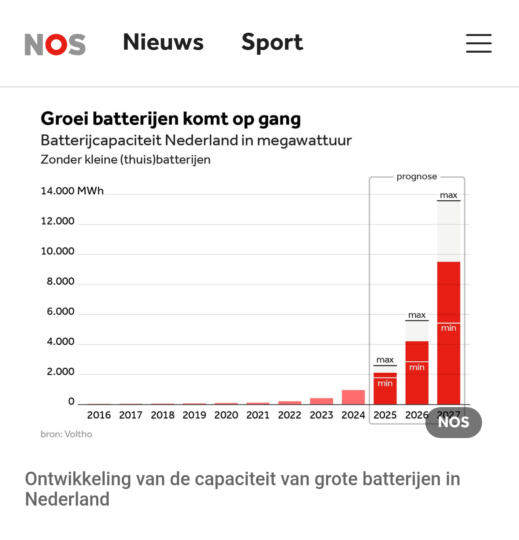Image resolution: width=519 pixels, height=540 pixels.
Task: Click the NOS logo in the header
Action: pyautogui.click(x=55, y=44)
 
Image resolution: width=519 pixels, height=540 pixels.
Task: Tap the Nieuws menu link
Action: pyautogui.click(x=163, y=42)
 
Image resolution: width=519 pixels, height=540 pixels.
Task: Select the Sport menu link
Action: pyautogui.click(x=272, y=42)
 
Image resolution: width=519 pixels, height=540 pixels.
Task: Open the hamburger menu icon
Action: pyautogui.click(x=479, y=43)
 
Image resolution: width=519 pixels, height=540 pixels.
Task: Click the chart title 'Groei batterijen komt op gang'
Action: pyautogui.click(x=170, y=119)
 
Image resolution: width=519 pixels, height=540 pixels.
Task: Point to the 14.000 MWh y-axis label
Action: pyautogui.click(x=72, y=191)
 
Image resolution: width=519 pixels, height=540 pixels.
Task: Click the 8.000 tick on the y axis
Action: pyautogui.click(x=60, y=281)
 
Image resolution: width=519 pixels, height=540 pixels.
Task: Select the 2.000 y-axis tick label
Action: pyautogui.click(x=60, y=372)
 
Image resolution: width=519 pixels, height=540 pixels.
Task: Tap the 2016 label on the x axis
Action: pyautogui.click(x=99, y=415)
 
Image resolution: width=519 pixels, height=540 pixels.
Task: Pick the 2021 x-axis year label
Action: pyautogui.click(x=258, y=415)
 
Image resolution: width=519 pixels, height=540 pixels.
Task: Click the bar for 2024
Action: pyautogui.click(x=353, y=397)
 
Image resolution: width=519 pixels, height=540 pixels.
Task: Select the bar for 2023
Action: pyautogui.click(x=321, y=401)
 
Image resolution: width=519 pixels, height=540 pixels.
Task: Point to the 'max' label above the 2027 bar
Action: pyautogui.click(x=449, y=195)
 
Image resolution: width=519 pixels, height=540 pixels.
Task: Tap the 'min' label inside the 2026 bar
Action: pyautogui.click(x=417, y=368)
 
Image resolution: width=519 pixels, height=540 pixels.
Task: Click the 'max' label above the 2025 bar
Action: pyautogui.click(x=385, y=360)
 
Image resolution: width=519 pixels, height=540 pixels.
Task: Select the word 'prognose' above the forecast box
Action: pyautogui.click(x=417, y=177)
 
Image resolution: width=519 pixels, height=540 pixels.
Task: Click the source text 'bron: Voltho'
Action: pyautogui.click(x=67, y=434)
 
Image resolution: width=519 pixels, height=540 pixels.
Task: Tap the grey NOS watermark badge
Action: pyautogui.click(x=454, y=422)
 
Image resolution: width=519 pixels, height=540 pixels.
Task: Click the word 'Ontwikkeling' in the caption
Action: pyautogui.click(x=78, y=479)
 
